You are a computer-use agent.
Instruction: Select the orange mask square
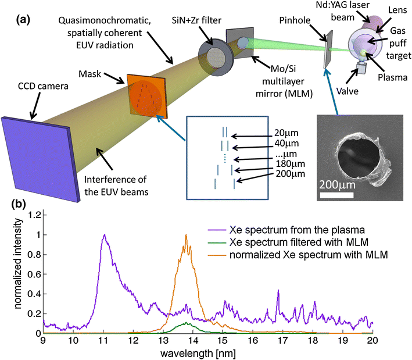point(143,95)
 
